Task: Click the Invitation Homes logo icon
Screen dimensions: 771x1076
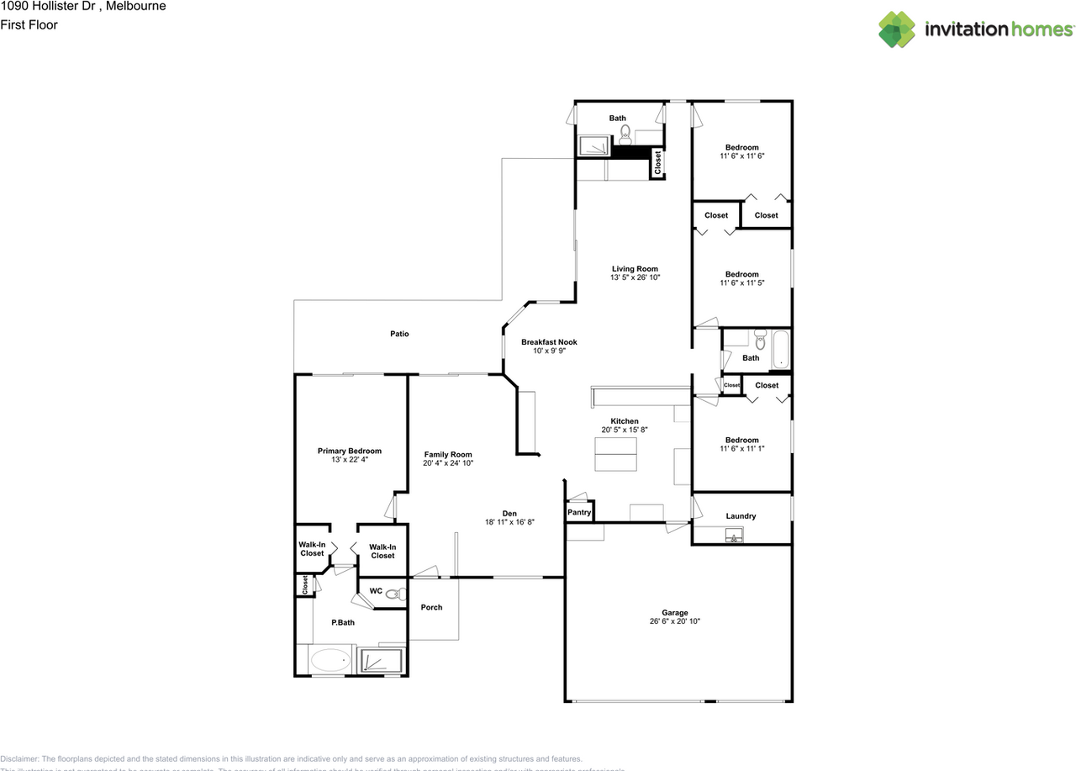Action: (x=898, y=29)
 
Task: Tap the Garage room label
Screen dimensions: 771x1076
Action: (x=674, y=613)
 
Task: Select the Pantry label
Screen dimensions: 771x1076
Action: (x=579, y=512)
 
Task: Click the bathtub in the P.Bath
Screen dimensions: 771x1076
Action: (x=329, y=660)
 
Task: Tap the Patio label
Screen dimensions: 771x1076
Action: (x=399, y=334)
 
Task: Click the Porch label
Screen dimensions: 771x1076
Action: (x=431, y=607)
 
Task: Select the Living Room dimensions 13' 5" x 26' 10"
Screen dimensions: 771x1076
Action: (x=635, y=277)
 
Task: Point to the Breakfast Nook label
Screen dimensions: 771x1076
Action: (x=549, y=342)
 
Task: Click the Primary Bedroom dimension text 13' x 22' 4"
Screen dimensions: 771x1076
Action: (x=349, y=460)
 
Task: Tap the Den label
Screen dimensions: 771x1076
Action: (x=509, y=514)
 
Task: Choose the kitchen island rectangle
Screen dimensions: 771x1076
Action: (x=615, y=462)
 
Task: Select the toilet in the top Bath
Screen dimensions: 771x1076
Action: (x=625, y=132)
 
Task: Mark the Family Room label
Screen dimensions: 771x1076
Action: (x=448, y=455)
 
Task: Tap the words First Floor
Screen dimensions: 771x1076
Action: (x=29, y=25)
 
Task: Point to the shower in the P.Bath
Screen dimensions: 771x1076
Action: (x=382, y=661)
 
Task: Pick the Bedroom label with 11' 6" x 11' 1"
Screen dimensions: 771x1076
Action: (x=741, y=440)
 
